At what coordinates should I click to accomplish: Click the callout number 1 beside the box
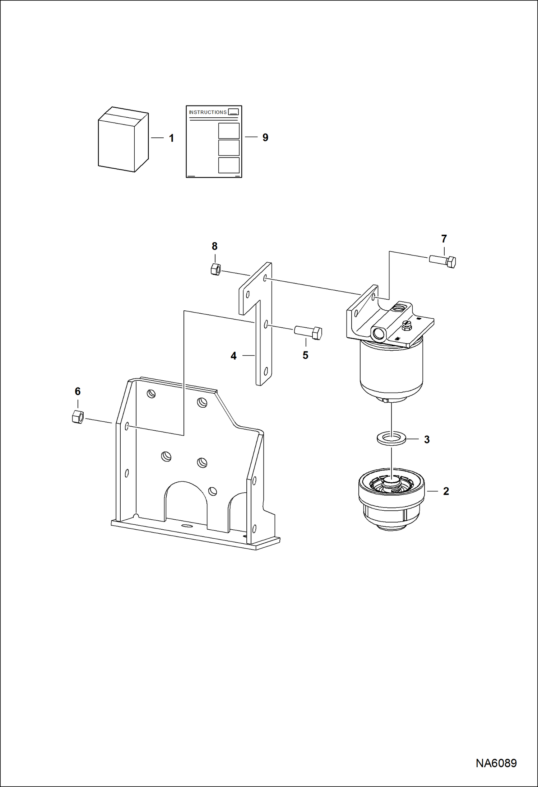click(171, 138)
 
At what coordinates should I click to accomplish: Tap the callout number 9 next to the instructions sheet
click(265, 137)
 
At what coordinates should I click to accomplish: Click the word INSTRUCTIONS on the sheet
click(208, 112)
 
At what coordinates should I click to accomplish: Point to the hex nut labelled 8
click(215, 269)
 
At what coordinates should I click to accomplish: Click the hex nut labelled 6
click(78, 417)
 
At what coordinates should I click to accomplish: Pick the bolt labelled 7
click(443, 261)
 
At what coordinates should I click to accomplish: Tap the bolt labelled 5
click(308, 332)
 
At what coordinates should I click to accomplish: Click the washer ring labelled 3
click(391, 439)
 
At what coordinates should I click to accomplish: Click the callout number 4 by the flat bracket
click(233, 356)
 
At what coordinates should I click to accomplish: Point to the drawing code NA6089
click(496, 763)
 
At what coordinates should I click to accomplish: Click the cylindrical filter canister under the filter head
click(391, 370)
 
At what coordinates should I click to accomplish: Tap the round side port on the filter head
click(378, 334)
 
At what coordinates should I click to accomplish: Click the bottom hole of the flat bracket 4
click(266, 371)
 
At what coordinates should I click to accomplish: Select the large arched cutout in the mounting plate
click(186, 502)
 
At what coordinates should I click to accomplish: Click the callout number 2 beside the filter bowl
click(446, 491)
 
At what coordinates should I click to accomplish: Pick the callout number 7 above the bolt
click(444, 239)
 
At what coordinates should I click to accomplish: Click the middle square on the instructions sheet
click(229, 147)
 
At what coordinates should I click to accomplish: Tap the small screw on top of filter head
click(407, 324)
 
